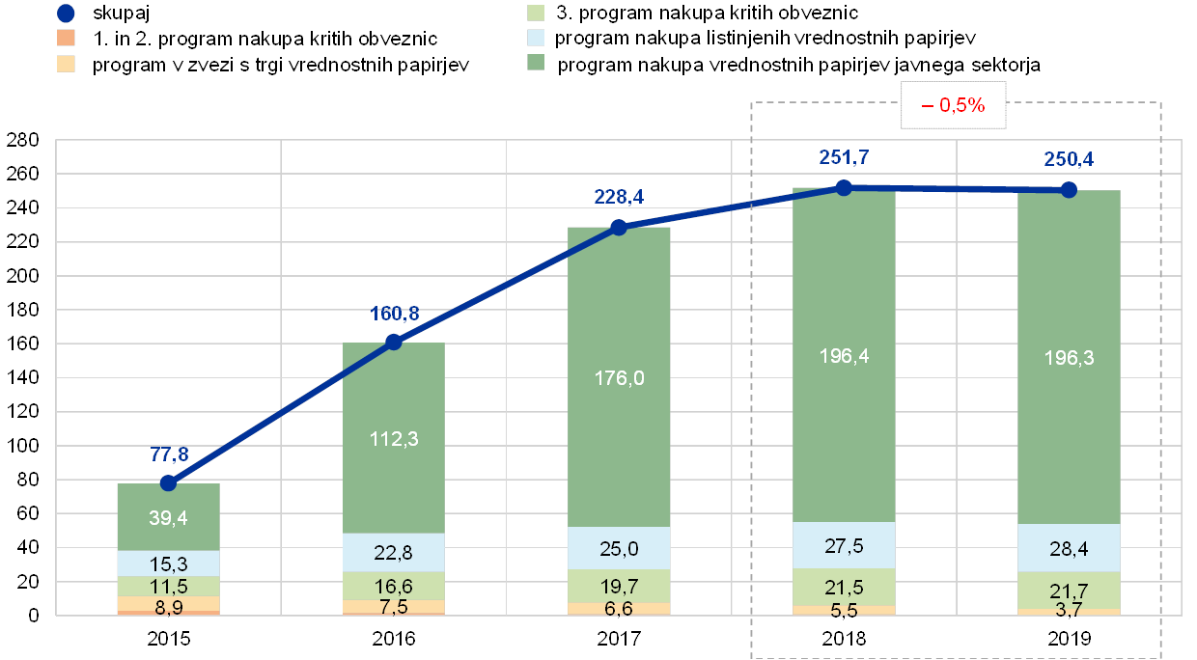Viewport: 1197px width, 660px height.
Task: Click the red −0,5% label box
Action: [953, 106]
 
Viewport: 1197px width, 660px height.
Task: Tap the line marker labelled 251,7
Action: [844, 187]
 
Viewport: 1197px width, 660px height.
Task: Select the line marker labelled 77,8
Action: [168, 482]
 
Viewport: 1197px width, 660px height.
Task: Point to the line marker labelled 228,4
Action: [619, 227]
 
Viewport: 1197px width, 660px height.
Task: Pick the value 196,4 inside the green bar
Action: [844, 356]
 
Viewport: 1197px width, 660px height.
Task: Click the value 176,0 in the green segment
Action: [619, 377]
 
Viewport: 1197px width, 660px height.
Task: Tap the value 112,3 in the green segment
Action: [394, 439]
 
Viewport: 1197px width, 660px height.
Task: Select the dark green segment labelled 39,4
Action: [168, 516]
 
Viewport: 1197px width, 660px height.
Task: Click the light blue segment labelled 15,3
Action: [168, 564]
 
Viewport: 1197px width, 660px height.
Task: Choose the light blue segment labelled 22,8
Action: [394, 553]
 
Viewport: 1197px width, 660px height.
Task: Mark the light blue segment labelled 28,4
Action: [1069, 548]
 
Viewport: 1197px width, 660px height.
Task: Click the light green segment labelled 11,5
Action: [168, 586]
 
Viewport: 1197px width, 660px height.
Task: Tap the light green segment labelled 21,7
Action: [1069, 590]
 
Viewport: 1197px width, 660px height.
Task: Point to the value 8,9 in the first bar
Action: [168, 606]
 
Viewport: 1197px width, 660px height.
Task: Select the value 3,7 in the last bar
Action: [1069, 610]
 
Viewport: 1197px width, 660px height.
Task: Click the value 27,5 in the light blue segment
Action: [844, 545]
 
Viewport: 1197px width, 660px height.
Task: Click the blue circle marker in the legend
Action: [66, 14]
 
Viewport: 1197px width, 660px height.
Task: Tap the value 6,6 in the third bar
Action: [619, 608]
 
